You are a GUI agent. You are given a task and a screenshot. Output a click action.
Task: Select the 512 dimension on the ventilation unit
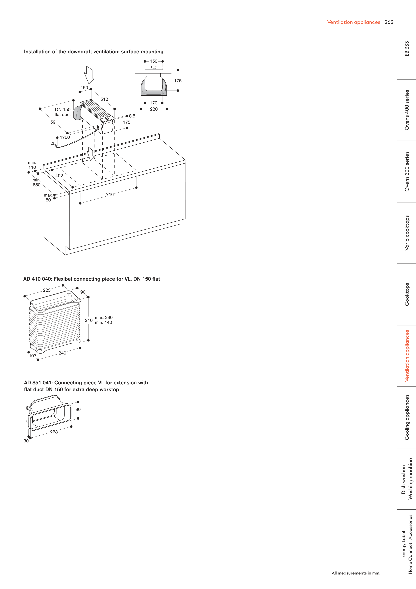104,99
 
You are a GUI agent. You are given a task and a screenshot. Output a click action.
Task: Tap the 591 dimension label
54,122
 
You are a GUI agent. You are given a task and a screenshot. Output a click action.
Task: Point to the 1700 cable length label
65,137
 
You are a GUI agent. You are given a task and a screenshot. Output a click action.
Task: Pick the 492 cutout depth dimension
59,176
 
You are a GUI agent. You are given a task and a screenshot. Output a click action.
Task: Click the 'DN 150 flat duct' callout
62,112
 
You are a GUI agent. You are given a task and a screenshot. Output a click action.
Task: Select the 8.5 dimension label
132,116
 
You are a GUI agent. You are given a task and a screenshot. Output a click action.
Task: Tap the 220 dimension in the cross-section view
154,109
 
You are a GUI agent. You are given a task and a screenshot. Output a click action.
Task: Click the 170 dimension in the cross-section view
154,103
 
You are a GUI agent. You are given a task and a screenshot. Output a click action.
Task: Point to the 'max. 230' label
104,318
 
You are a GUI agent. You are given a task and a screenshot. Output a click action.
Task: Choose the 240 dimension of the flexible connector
62,353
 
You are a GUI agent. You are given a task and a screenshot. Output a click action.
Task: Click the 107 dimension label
32,356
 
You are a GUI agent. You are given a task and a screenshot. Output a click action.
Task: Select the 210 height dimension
89,320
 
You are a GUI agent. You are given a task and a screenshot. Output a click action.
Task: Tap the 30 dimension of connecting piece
26,441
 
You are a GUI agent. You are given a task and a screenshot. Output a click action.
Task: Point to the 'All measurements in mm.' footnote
356,573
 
